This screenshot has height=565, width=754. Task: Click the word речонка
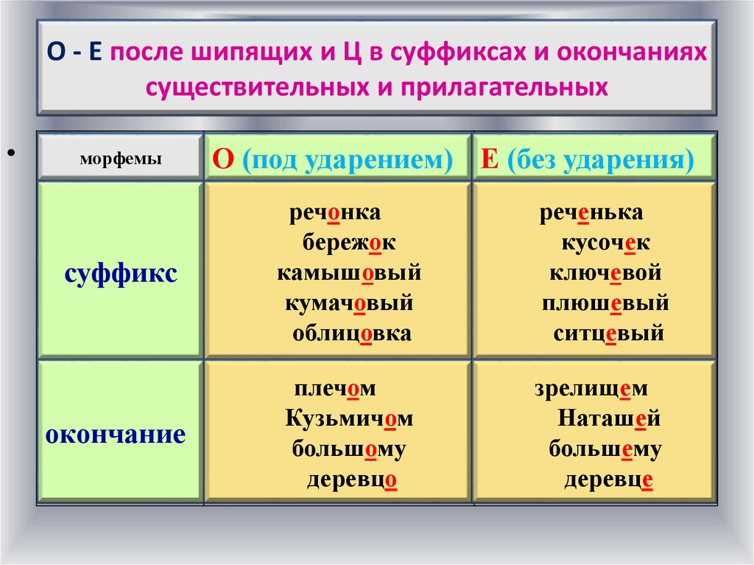tap(335, 213)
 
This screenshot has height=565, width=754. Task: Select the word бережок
tap(349, 243)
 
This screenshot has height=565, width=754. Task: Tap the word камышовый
tap(349, 273)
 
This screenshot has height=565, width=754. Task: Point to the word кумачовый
tap(349, 303)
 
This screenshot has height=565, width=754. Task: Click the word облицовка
tap(352, 334)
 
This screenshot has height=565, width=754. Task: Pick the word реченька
tap(591, 213)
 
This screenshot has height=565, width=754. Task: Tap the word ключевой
tap(605, 273)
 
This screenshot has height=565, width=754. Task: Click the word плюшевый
tap(605, 303)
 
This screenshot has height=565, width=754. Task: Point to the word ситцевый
tap(608, 334)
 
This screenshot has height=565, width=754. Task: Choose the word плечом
tap(335, 389)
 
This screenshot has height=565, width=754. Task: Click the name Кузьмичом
tap(349, 418)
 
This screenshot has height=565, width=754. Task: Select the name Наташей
tap(609, 418)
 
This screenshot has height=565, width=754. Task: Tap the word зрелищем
tap(591, 389)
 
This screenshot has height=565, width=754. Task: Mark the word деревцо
tap(352, 480)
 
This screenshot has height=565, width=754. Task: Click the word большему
tap(605, 449)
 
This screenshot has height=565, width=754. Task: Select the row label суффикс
tap(121, 274)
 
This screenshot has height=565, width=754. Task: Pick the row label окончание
tap(116, 435)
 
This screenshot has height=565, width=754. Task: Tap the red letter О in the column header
tap(223, 159)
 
